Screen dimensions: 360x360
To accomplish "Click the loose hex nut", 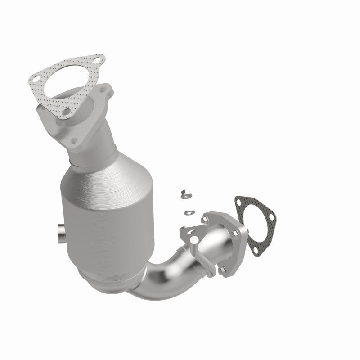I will pos(185,195).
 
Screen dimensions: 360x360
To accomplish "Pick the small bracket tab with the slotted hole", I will pos(189,234).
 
